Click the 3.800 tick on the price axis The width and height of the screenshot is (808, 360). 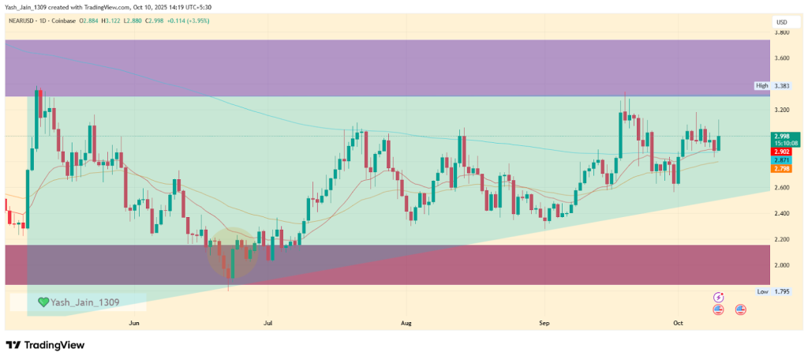point(782,32)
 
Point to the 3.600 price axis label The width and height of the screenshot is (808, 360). point(782,58)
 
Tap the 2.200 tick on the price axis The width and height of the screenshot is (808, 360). point(782,239)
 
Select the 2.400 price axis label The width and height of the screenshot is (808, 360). point(782,214)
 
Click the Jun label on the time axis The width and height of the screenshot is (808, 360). point(133,323)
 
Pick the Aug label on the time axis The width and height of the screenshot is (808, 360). point(406,323)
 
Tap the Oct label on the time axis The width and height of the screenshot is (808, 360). point(677,323)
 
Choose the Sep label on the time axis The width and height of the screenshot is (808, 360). point(544,323)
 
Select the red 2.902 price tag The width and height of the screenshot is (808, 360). point(782,151)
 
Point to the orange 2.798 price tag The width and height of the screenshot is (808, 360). point(782,168)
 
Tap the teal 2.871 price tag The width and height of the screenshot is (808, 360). point(782,159)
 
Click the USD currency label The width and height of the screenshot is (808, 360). point(782,21)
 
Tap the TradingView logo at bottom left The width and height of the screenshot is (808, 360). point(45,345)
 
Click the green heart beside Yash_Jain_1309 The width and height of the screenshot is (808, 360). point(43,302)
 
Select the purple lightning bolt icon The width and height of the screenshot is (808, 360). point(718,298)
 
